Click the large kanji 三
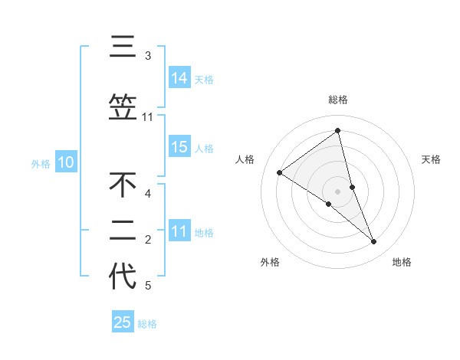(123, 47)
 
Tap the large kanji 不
(123, 185)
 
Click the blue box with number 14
(179, 78)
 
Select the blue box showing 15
(179, 147)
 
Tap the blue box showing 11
(179, 231)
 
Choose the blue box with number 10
(66, 162)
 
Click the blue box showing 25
(123, 322)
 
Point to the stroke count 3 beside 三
(148, 56)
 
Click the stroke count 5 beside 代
(148, 286)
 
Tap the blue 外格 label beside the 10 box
(41, 163)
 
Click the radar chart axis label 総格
(338, 100)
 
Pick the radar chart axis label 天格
(432, 159)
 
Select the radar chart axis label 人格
(245, 159)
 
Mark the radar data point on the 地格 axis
(374, 242)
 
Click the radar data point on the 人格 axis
(279, 172)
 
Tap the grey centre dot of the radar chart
(338, 191)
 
